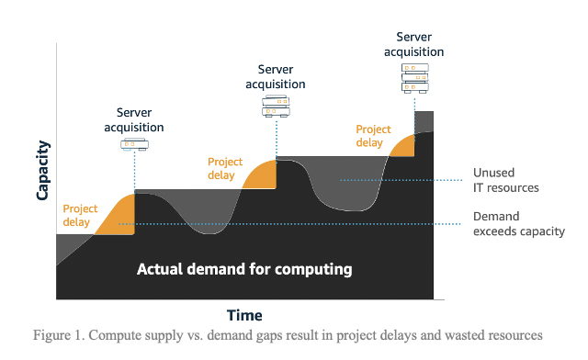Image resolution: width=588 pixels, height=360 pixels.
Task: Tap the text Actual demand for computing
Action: [x=244, y=269]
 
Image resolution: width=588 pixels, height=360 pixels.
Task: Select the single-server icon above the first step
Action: [x=134, y=144]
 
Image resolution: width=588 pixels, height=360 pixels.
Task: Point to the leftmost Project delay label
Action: [x=81, y=215]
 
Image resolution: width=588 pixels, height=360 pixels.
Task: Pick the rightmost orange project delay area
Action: [x=402, y=146]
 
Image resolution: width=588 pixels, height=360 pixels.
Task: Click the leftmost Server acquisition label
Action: [x=134, y=119]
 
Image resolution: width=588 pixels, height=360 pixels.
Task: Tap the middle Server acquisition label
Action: [x=276, y=76]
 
